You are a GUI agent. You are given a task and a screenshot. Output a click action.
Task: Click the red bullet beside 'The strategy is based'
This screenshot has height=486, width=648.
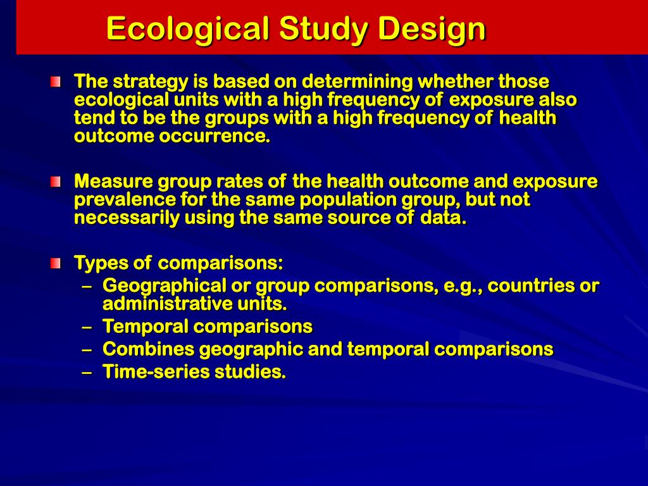(x=56, y=82)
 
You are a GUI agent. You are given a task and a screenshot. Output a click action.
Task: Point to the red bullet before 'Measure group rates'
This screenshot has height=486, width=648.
(x=56, y=182)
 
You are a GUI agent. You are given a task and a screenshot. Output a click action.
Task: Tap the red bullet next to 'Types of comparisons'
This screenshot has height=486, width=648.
(x=56, y=263)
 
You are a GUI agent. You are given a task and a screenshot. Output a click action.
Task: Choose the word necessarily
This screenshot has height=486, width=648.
(x=127, y=218)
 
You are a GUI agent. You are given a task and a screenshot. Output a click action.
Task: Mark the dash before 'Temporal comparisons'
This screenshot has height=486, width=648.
(x=88, y=327)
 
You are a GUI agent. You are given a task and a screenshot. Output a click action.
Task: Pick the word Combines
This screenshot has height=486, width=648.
(x=149, y=349)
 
